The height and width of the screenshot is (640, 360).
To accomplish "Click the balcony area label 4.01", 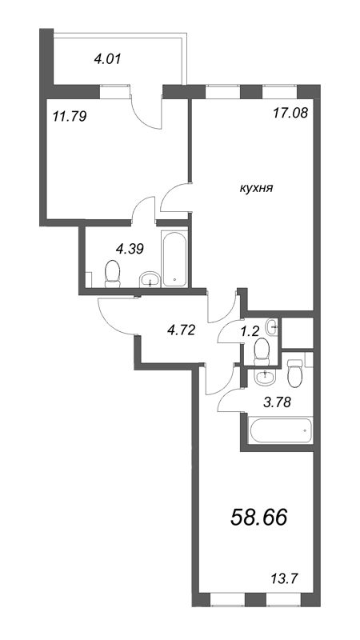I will pyautogui.click(x=86, y=58).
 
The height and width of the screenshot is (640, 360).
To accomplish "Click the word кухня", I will pyautogui.click(x=257, y=189).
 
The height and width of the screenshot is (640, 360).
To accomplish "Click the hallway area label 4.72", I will pyautogui.click(x=179, y=327).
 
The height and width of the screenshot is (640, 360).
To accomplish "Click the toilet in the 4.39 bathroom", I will pyautogui.click(x=112, y=275).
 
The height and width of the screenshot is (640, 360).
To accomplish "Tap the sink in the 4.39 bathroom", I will pyautogui.click(x=149, y=279).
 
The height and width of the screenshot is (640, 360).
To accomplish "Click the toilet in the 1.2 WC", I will pyautogui.click(x=260, y=350).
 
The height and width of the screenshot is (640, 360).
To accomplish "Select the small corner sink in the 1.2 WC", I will pyautogui.click(x=273, y=325).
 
